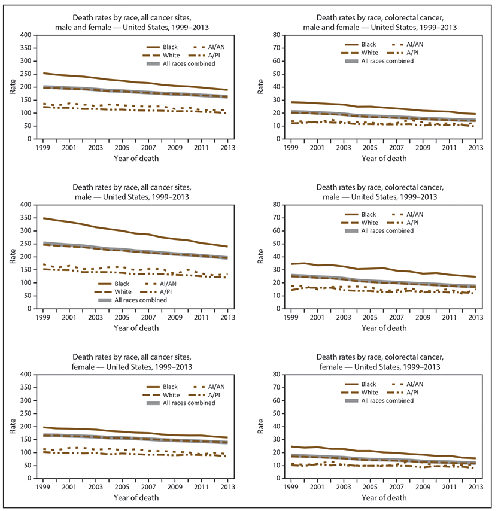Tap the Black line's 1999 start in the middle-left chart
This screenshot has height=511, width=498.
44,218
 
